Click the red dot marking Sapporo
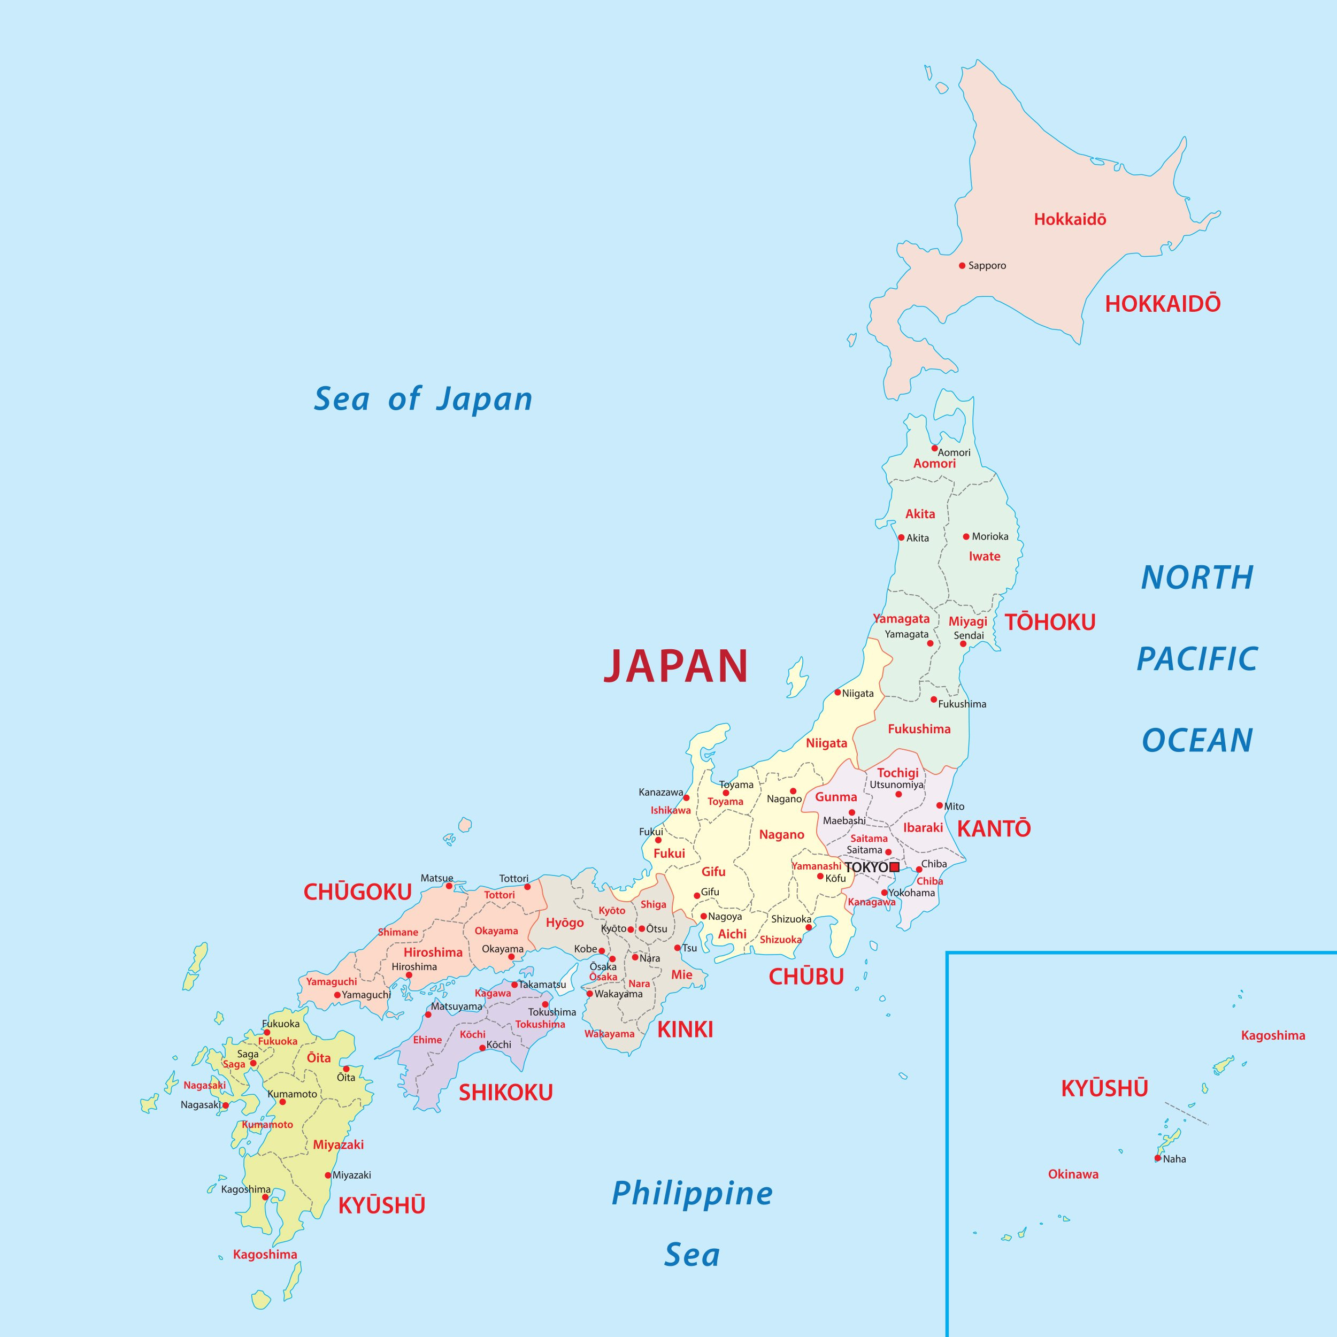tap(962, 265)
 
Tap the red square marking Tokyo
tap(894, 867)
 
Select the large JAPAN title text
tap(676, 666)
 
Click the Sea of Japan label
tap(423, 399)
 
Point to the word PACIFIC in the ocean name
tap(1197, 659)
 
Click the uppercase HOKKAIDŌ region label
tap(1163, 304)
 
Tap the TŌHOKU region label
tap(1050, 622)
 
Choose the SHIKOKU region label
tap(506, 1093)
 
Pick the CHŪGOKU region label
tap(358, 892)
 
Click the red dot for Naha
tap(1158, 1158)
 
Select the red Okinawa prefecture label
tap(1073, 1174)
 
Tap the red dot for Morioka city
tap(966, 536)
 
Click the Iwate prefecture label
tap(984, 556)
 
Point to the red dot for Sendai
tap(963, 643)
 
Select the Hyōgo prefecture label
tap(565, 923)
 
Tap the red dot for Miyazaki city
tap(328, 1175)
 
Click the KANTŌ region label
tap(994, 828)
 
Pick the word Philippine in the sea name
tap(692, 1194)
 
